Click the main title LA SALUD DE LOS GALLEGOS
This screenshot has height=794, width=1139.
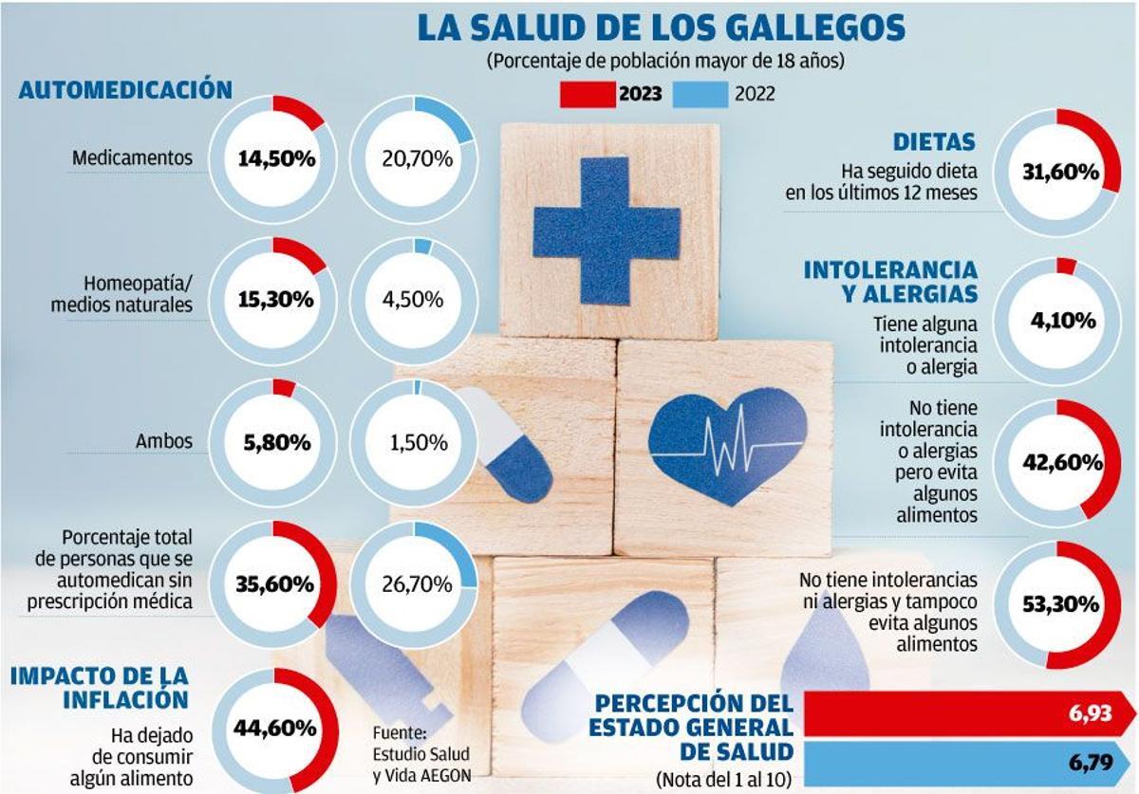[662, 28]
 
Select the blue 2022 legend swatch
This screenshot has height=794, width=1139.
[700, 94]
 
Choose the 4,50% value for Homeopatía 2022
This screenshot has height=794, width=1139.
[414, 300]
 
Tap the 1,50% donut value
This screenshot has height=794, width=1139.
[414, 441]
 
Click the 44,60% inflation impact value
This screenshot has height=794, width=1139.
[275, 728]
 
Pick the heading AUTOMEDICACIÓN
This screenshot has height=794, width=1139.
[125, 90]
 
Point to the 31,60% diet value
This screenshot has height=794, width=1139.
[1060, 173]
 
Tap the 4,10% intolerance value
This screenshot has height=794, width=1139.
[1063, 320]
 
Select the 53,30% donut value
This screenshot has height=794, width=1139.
[1060, 604]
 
